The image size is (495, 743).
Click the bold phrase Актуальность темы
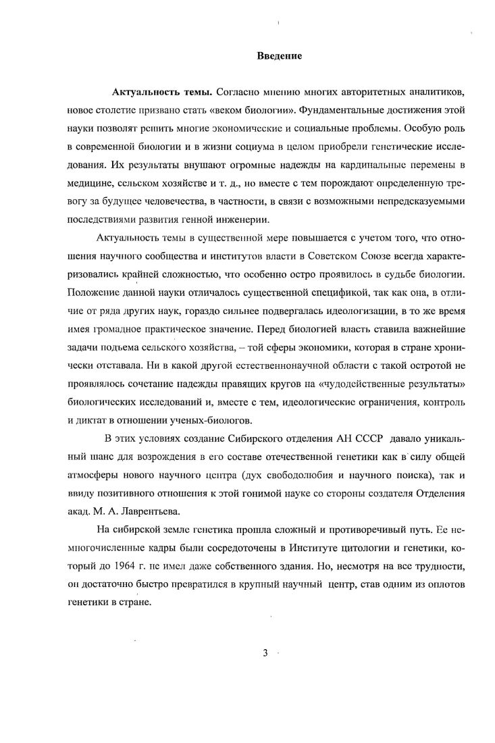(x=155, y=91)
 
